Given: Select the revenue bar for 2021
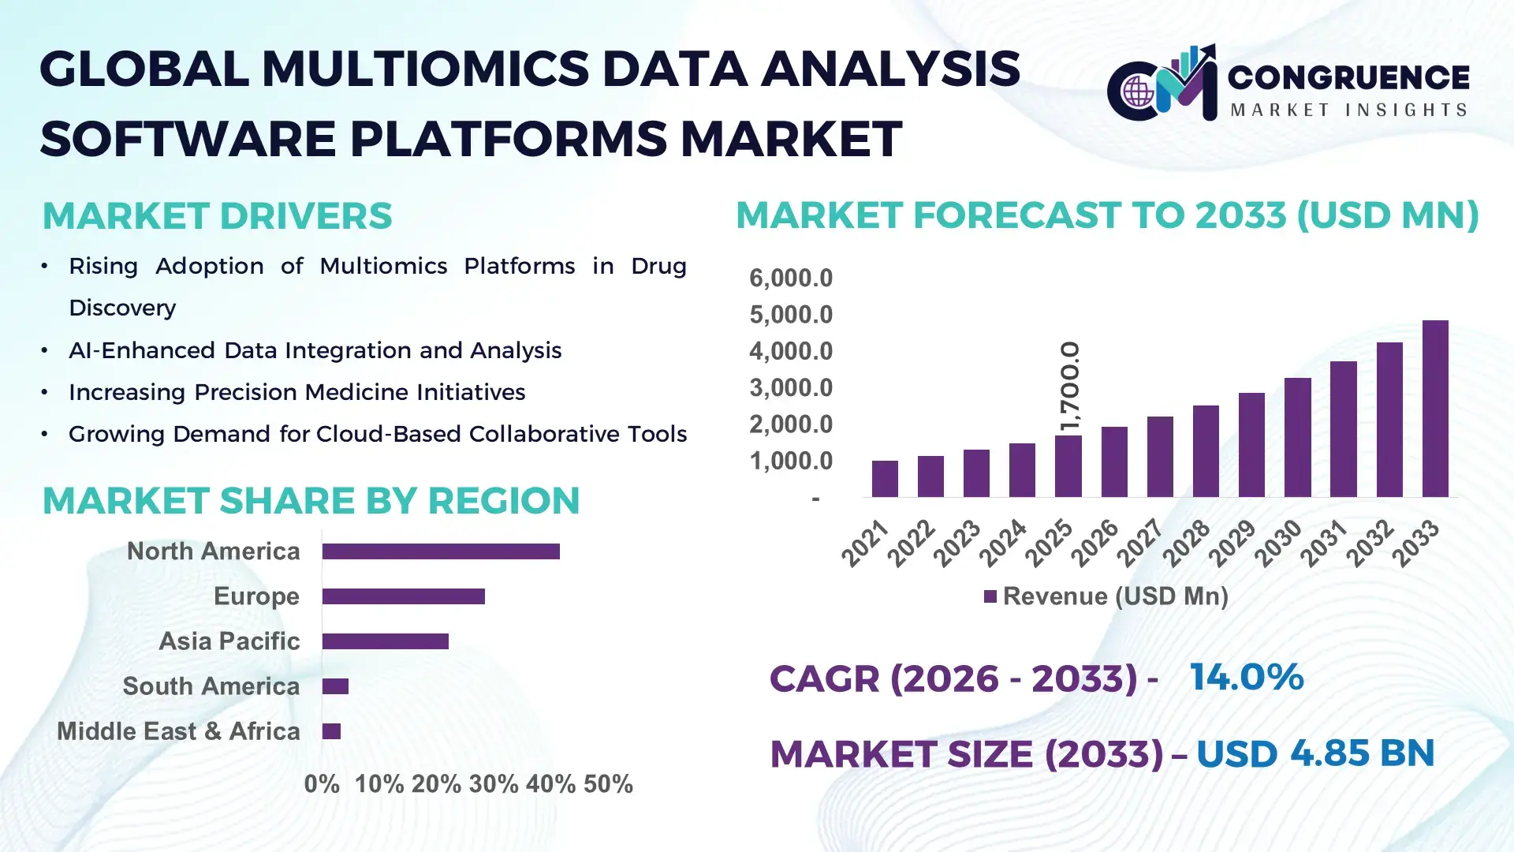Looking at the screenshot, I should tap(885, 479).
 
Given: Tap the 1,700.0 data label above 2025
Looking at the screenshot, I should tap(1070, 386).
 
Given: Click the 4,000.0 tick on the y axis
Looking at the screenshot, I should tap(791, 351).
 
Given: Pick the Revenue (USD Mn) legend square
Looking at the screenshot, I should tap(990, 596).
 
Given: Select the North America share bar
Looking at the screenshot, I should tap(441, 551).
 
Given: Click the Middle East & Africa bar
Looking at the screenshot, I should tap(331, 731).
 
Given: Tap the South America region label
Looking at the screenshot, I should tap(211, 686).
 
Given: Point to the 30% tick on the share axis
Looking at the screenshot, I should tap(494, 784).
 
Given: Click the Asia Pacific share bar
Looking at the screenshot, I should tap(385, 641).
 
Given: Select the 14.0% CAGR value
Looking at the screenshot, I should tap(1246, 677).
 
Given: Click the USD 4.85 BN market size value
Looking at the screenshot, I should tap(1315, 753).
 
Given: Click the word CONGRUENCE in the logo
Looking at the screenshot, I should tap(1348, 77).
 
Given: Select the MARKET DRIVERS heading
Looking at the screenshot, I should tap(217, 216).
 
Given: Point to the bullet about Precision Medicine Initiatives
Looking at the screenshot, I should tap(296, 392).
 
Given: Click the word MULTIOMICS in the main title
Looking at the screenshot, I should tap(426, 69).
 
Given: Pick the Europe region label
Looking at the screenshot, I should tap(256, 596).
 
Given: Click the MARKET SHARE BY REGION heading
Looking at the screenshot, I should tap(311, 501).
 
